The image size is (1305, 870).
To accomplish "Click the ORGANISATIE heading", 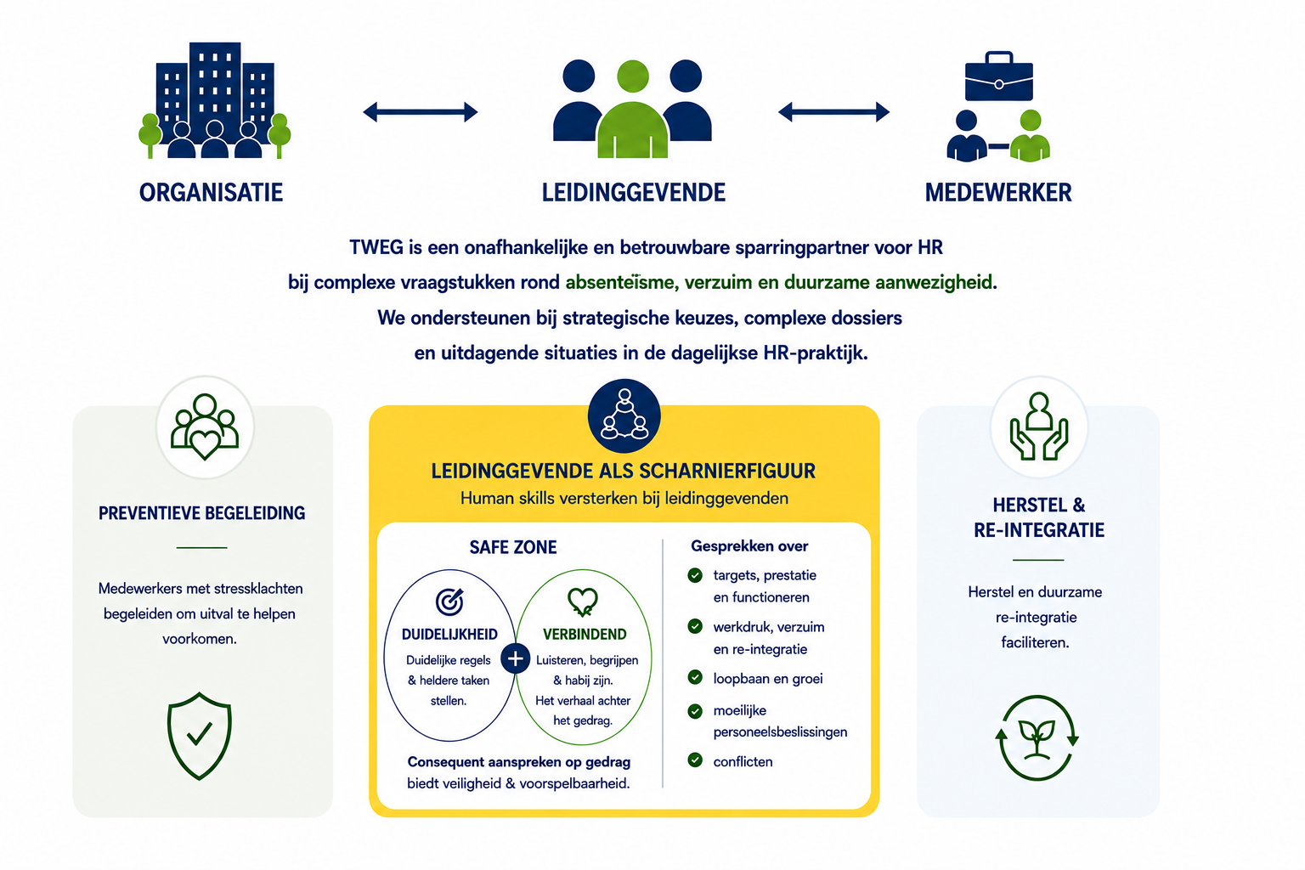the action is click(x=211, y=193).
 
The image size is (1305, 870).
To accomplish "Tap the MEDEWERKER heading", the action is click(x=998, y=193).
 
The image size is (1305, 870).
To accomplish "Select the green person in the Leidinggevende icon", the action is click(x=633, y=109).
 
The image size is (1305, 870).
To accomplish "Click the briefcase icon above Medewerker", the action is click(x=998, y=76).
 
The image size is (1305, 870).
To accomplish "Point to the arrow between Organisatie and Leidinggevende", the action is click(x=420, y=112).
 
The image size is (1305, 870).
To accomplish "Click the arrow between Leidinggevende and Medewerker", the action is click(x=833, y=112).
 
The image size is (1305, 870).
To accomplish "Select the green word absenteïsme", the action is click(x=620, y=283).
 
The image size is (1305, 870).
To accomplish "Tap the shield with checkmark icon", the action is click(x=200, y=736).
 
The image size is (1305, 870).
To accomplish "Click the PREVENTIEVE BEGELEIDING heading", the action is click(x=201, y=513).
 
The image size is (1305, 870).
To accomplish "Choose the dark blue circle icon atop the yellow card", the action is click(x=624, y=415).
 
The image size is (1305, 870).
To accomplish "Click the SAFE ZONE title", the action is click(x=512, y=547).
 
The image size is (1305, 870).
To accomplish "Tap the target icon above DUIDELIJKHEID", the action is click(x=449, y=602).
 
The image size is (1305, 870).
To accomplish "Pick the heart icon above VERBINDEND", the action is click(x=583, y=602).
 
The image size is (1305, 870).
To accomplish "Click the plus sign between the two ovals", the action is click(x=515, y=659).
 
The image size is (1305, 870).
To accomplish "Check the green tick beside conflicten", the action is click(x=694, y=760).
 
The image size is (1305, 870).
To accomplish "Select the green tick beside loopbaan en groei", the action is click(x=694, y=677).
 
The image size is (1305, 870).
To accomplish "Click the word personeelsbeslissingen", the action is click(x=780, y=732).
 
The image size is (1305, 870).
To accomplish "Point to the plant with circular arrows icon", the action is click(x=1037, y=737).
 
